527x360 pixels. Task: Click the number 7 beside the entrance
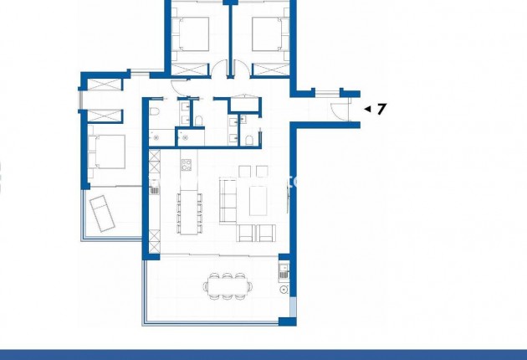pos(381,108)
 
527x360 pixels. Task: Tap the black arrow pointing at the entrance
pos(366,108)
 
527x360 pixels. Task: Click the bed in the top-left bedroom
pos(192,35)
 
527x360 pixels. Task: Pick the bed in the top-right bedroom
pos(266,35)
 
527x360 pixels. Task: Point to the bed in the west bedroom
pos(107,152)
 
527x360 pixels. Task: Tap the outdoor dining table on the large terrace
pos(228,285)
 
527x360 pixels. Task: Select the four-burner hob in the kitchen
pos(187,164)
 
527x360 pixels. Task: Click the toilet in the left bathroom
pos(155,113)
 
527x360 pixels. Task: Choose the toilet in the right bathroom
pos(249,138)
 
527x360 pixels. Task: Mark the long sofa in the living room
pos(227,202)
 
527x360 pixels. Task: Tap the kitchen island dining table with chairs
pos(188,212)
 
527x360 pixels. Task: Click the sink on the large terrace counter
pos(284,270)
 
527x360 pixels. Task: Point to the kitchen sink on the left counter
pos(155,190)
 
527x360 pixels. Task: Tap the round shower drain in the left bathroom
pos(157,136)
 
